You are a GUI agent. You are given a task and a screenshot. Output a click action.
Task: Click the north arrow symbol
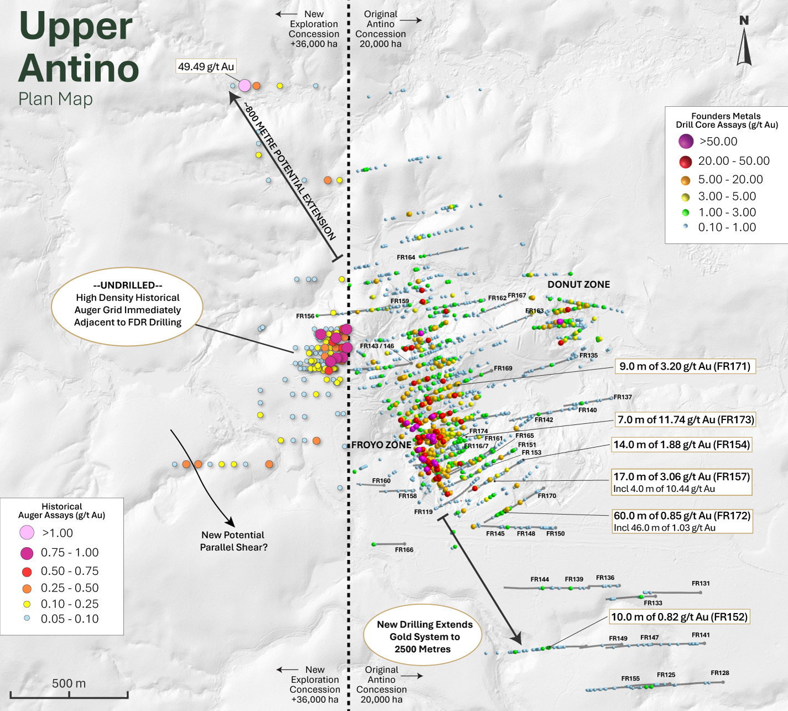tap(744, 44)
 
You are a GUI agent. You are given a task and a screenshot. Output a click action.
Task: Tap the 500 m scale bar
tap(69, 693)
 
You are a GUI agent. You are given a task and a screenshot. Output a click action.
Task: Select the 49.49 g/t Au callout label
tap(206, 67)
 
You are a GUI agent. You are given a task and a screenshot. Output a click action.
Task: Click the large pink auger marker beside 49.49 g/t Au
tap(244, 86)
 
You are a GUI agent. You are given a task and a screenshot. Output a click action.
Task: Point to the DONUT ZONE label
tap(578, 284)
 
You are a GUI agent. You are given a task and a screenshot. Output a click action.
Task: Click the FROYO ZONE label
tap(382, 445)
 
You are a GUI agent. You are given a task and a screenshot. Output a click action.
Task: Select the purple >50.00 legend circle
tap(686, 142)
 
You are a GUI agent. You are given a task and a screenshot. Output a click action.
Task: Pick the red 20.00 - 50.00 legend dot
tap(686, 162)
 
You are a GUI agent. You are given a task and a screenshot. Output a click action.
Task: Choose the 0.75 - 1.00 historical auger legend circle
tap(27, 553)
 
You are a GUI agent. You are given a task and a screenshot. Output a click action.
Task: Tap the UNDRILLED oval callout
tap(128, 304)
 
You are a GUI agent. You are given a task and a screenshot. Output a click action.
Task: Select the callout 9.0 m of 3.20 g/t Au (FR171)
tap(685, 366)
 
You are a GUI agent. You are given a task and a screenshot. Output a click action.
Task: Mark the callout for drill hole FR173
tap(685, 420)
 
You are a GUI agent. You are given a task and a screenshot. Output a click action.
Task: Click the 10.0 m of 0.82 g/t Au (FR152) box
tap(679, 617)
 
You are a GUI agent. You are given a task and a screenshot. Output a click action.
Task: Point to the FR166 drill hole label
tap(404, 550)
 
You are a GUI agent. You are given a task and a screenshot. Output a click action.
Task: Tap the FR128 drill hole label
tap(719, 673)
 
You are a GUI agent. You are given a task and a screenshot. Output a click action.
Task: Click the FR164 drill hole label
tap(406, 257)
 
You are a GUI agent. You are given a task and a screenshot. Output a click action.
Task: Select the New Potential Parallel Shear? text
tap(233, 541)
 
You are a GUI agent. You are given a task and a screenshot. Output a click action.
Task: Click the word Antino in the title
tap(79, 68)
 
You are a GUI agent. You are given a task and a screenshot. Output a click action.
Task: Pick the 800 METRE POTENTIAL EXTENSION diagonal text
tap(290, 172)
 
